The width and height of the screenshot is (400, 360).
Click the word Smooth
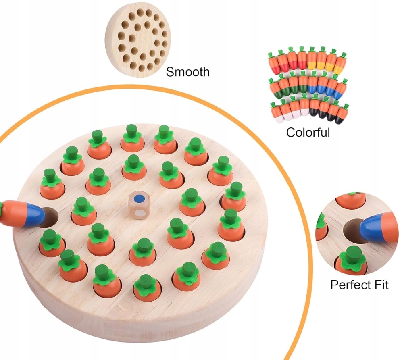click(188, 72)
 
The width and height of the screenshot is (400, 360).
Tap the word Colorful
click(308, 132)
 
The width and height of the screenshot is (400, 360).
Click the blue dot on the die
click(140, 198)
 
